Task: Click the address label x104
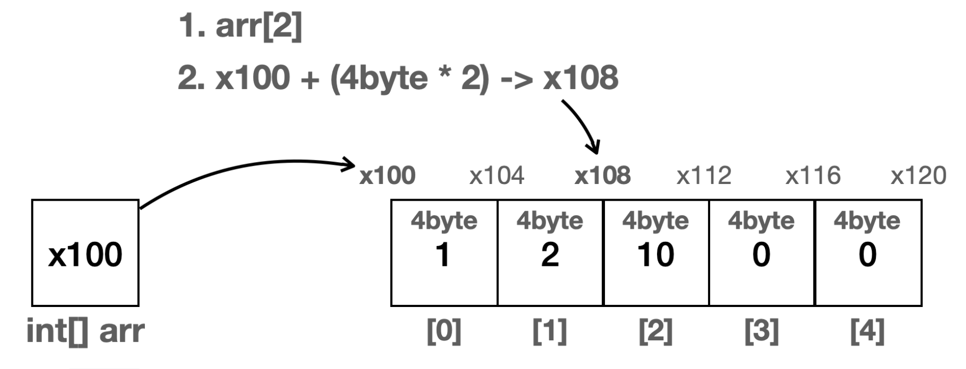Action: pyautogui.click(x=497, y=176)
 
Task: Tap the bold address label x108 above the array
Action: pyautogui.click(x=602, y=176)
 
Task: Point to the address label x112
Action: pyautogui.click(x=704, y=176)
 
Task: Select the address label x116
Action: pyautogui.click(x=813, y=176)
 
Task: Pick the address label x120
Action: pyautogui.click(x=918, y=176)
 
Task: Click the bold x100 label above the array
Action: pyautogui.click(x=387, y=176)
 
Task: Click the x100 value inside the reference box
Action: pyautogui.click(x=85, y=254)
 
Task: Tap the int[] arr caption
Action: pyautogui.click(x=85, y=331)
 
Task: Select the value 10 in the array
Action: pyautogui.click(x=655, y=255)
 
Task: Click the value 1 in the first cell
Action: pyautogui.click(x=443, y=255)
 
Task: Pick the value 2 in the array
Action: pyautogui.click(x=550, y=255)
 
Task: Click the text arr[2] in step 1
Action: pyautogui.click(x=258, y=26)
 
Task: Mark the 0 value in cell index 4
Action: pyautogui.click(x=867, y=255)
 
